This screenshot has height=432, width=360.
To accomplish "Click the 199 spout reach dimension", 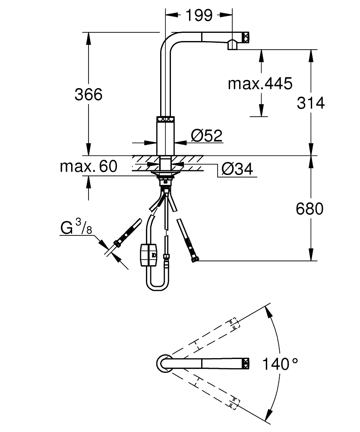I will pyautogui.click(x=199, y=15).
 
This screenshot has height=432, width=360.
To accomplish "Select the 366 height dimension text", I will pyautogui.click(x=88, y=94).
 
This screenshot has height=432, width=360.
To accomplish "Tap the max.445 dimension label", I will pyautogui.click(x=260, y=83).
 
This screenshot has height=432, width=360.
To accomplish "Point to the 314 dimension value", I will pyautogui.click(x=310, y=103).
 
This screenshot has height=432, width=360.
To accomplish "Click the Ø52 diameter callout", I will pyautogui.click(x=206, y=136).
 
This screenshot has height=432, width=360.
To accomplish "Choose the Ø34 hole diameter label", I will pyautogui.click(x=237, y=169).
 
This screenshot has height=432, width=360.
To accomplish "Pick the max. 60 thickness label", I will pyautogui.click(x=88, y=166).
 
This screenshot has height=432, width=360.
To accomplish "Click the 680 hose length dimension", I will pyautogui.click(x=309, y=209).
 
